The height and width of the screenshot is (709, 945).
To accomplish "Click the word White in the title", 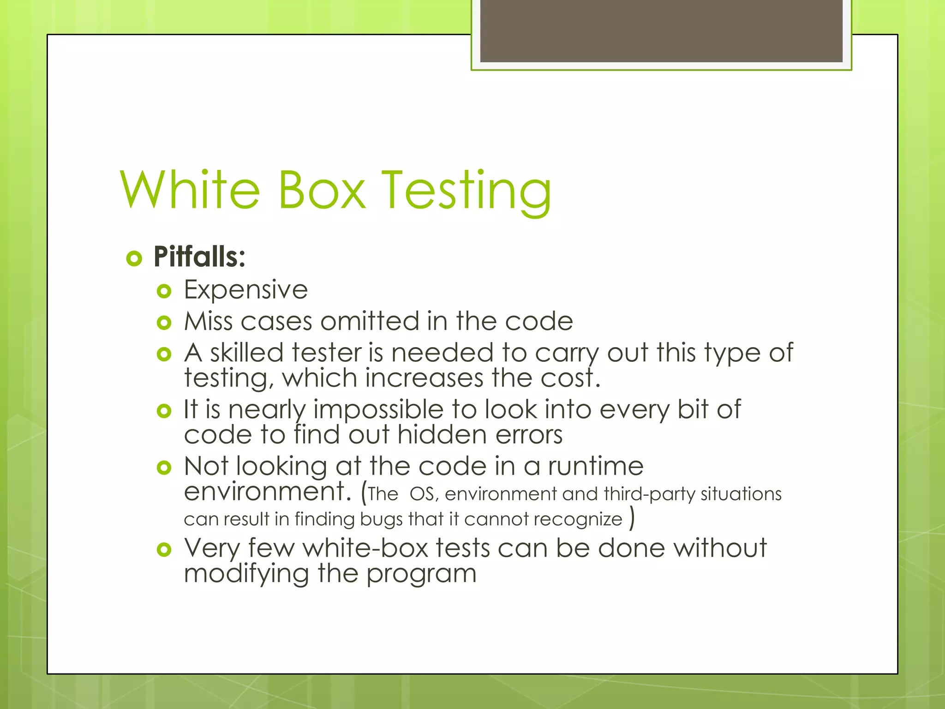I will tap(190, 190).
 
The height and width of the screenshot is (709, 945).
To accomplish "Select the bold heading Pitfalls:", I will tap(199, 257).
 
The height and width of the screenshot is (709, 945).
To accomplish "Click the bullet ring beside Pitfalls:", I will tap(134, 258).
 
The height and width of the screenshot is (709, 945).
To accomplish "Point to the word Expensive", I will tap(246, 290).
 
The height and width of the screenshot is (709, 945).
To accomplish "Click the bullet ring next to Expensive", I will tap(164, 291).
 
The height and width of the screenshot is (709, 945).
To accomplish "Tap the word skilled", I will tap(246, 353).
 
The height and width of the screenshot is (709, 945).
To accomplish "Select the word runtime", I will tap(595, 466).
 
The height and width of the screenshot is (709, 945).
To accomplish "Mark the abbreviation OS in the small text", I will tap(421, 494).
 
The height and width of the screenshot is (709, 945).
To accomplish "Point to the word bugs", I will tap(381, 519).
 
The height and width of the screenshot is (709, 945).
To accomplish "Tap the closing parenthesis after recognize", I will tap(632, 518).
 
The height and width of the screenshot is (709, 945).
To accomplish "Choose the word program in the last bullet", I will tap(421, 575).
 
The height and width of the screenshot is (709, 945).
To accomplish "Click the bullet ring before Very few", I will tap(164, 549).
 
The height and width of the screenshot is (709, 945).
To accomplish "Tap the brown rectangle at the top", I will tap(661, 30).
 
